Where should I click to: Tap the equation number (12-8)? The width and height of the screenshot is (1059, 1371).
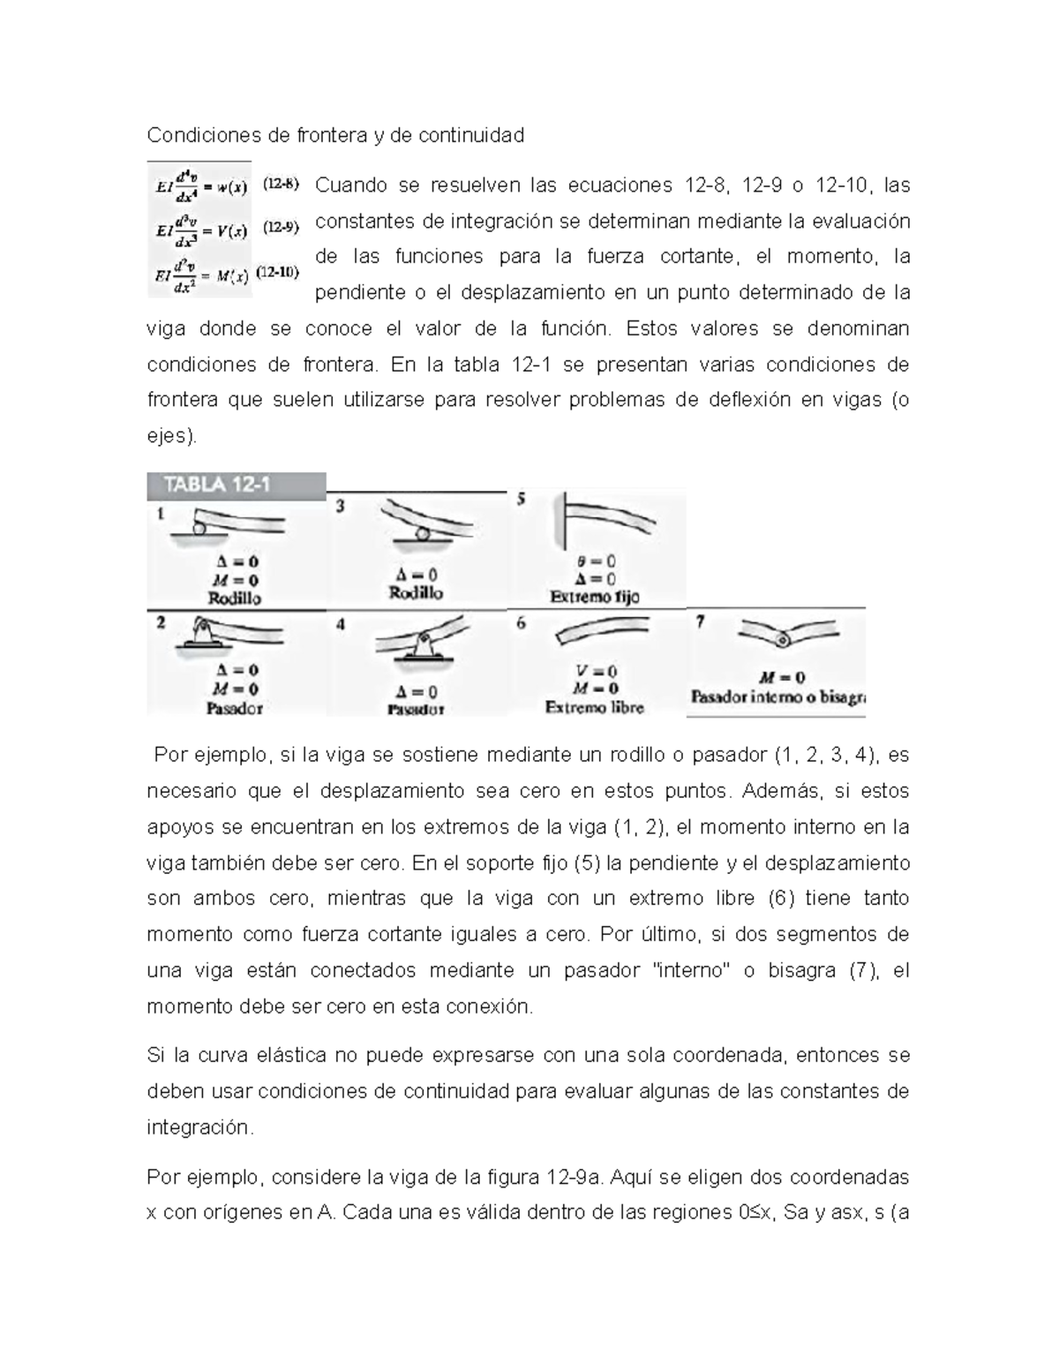[282, 185]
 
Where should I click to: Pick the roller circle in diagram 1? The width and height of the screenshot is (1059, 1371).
[199, 527]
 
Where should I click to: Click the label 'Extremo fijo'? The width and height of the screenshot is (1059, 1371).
[594, 597]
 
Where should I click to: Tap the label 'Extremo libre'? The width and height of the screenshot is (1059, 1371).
[594, 707]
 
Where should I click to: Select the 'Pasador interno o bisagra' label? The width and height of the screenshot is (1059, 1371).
[777, 697]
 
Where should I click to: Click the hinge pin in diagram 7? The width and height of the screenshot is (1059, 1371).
[781, 639]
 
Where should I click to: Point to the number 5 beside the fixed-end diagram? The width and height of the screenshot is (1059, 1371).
[522, 500]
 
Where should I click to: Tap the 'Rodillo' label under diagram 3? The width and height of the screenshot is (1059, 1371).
[416, 593]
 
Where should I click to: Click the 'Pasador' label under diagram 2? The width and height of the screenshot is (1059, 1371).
[234, 707]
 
